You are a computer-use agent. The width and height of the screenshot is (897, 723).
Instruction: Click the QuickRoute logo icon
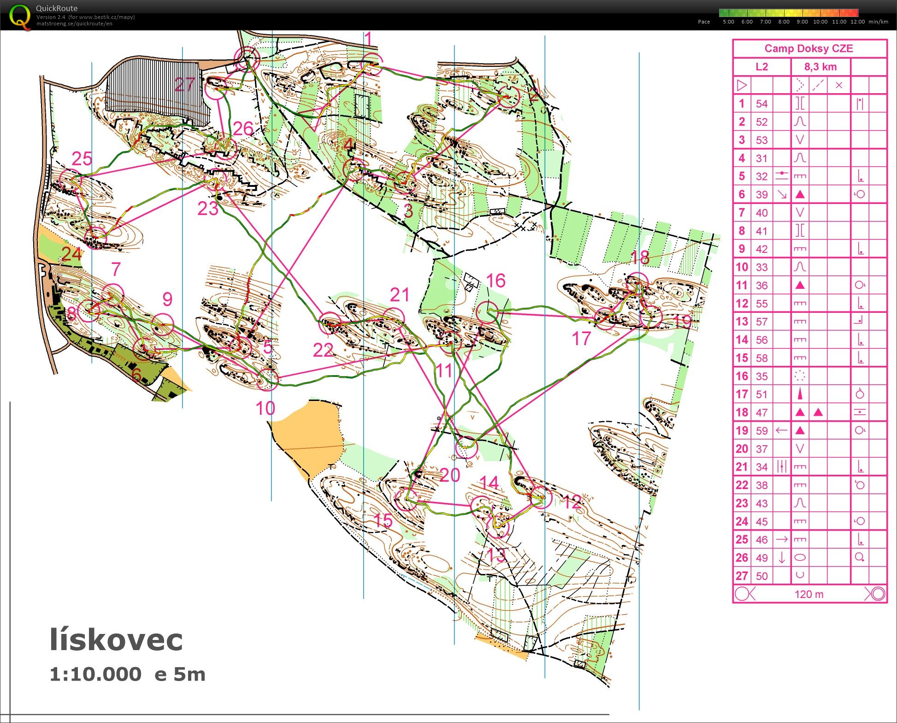[20, 16]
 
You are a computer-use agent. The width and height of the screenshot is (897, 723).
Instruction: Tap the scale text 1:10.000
[95, 674]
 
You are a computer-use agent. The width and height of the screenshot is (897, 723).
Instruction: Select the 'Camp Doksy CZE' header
[808, 48]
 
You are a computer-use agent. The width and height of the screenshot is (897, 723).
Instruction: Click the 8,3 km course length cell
[820, 67]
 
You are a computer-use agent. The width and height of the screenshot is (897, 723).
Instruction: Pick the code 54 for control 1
[761, 104]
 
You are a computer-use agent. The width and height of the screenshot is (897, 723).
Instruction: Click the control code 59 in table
[761, 430]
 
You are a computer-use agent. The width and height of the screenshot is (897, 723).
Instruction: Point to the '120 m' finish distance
[808, 594]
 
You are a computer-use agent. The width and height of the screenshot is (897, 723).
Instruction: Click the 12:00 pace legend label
[857, 22]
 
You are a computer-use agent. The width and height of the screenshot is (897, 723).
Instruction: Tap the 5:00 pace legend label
[728, 22]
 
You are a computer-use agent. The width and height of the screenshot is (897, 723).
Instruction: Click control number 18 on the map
[640, 257]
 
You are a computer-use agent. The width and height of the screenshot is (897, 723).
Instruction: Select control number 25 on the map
[82, 159]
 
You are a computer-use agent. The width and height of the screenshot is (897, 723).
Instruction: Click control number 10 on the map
[265, 408]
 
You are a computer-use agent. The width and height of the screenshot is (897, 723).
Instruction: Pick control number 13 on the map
[496, 554]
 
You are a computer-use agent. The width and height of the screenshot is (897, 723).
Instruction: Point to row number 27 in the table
[742, 576]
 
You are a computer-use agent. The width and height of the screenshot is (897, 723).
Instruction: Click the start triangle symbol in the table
[742, 85]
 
